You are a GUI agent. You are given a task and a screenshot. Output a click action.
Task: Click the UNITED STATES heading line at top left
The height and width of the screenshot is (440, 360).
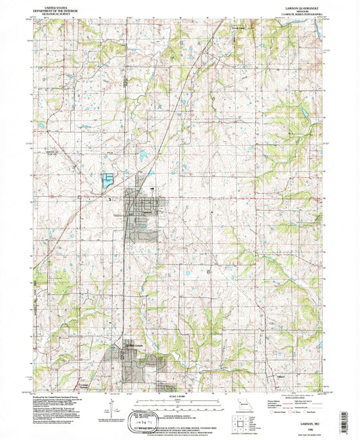[58, 4]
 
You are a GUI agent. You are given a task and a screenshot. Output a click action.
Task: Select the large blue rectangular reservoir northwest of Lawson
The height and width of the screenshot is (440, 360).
[107, 180]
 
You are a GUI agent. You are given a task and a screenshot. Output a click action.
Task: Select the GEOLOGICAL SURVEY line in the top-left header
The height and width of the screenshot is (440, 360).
[58, 14]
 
